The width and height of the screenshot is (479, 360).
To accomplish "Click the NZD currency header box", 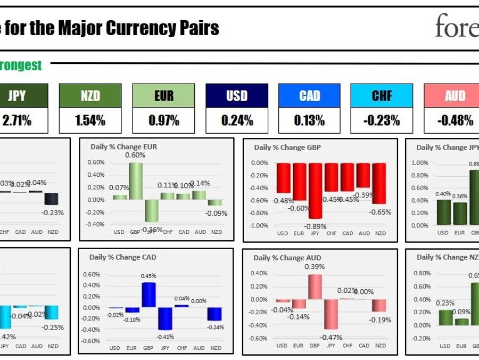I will (x=90, y=96).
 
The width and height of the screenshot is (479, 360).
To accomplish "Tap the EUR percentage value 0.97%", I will (x=163, y=121).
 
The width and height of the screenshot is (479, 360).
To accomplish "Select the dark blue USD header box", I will (x=237, y=96).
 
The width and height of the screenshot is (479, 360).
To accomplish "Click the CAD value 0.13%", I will (x=309, y=121).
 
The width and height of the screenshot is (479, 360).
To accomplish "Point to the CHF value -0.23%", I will (x=382, y=121).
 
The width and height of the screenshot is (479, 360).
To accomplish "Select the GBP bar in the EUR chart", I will (x=135, y=181).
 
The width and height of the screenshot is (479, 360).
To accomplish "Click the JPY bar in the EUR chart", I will (x=151, y=210).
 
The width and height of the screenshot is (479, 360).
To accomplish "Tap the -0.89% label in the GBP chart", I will (x=315, y=226).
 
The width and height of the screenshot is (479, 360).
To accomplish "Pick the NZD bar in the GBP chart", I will (x=379, y=183).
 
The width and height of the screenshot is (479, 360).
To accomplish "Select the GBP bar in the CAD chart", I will (x=148, y=295).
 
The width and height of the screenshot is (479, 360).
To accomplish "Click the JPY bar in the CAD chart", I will (x=164, y=318).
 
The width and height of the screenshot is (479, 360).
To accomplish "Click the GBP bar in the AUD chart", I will (x=315, y=287).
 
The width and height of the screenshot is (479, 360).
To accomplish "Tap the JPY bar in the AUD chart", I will (x=331, y=314).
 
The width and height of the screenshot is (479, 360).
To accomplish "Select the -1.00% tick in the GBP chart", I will (x=259, y=226).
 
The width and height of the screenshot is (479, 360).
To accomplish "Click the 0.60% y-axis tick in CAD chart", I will (x=92, y=275).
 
